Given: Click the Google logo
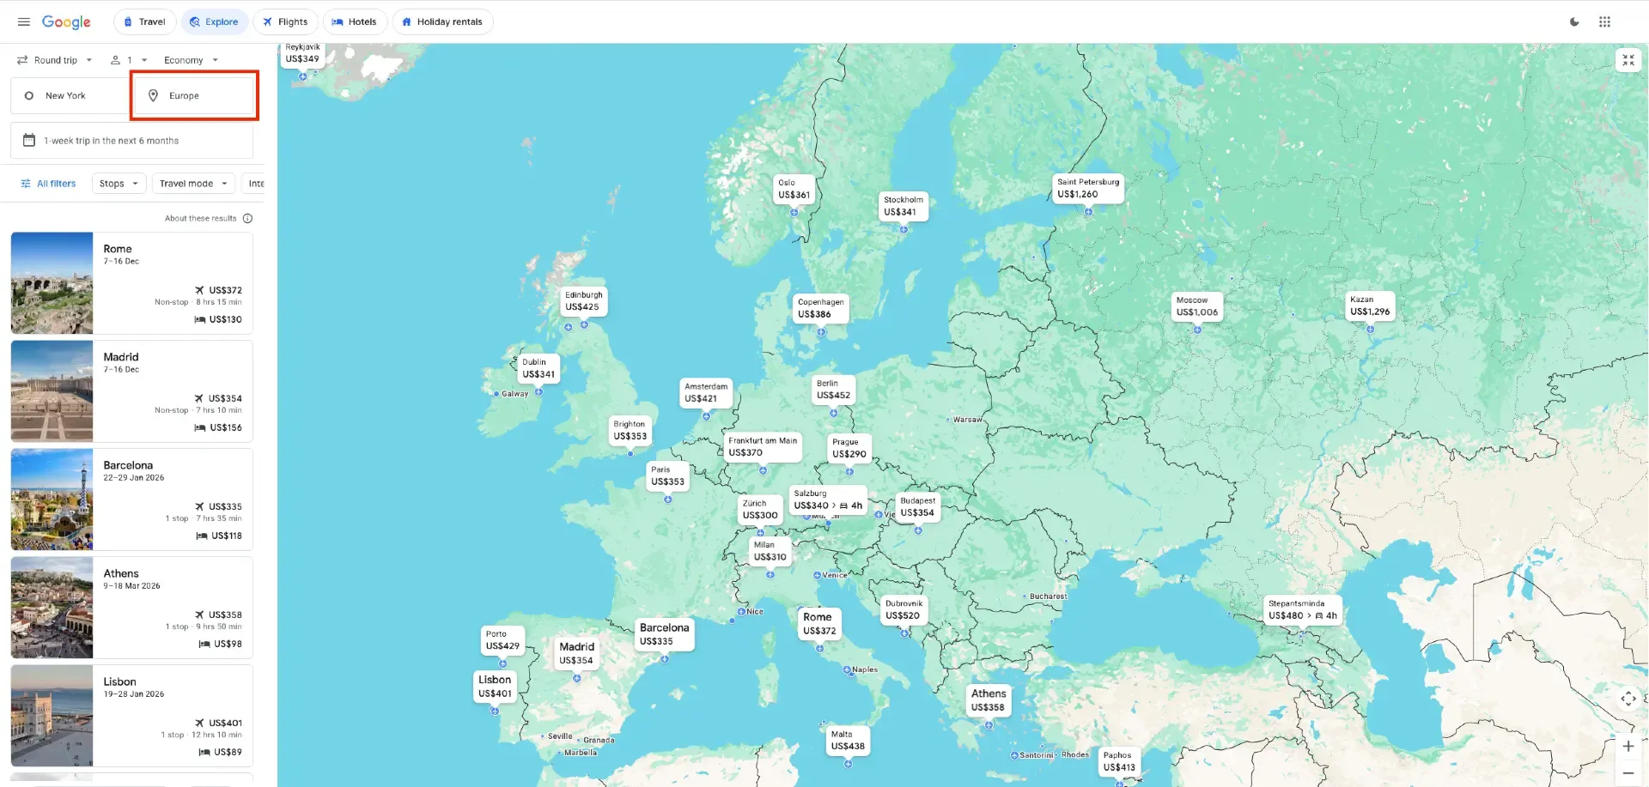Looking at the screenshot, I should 66,22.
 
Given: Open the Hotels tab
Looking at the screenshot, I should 354,22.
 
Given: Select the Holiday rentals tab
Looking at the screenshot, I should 442,22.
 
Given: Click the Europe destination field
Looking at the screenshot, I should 195,95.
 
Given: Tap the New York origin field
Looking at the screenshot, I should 69,95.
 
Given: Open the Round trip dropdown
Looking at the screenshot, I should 55,60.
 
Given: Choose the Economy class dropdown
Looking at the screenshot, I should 191,60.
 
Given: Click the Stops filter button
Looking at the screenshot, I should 119,184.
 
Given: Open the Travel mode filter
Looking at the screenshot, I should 193,184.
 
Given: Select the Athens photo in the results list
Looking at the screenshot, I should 52,608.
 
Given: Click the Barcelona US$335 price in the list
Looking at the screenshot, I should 224,506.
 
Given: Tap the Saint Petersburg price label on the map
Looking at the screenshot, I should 1087,188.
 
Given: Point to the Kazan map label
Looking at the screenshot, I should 1369,306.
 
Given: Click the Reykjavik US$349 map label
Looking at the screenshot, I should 302,54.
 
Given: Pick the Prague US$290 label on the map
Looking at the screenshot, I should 849,448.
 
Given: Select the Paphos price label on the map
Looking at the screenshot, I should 1118,761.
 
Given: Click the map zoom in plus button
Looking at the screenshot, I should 1628,746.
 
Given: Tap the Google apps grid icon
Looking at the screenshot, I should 1604,22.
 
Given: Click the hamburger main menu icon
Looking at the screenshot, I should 24,22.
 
